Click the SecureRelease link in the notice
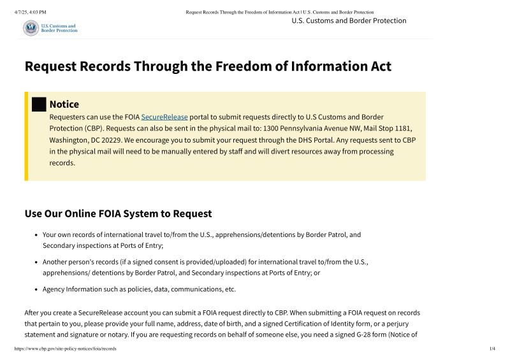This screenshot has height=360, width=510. (164, 117)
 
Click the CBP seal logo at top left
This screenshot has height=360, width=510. (31, 28)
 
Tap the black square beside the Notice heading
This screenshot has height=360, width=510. (39, 104)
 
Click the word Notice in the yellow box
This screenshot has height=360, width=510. (64, 104)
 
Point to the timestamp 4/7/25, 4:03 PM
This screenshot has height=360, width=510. (30, 12)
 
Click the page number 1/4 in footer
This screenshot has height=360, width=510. (492, 349)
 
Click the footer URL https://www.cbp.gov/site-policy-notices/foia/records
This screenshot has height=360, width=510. (65, 349)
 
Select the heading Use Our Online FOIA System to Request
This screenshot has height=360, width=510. (118, 213)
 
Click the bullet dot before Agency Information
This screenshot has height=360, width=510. (36, 289)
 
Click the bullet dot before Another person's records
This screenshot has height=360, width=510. (36, 262)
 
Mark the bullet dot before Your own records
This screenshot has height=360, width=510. (36, 235)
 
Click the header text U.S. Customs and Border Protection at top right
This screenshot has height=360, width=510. (349, 20)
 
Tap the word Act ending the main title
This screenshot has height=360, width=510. (377, 66)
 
